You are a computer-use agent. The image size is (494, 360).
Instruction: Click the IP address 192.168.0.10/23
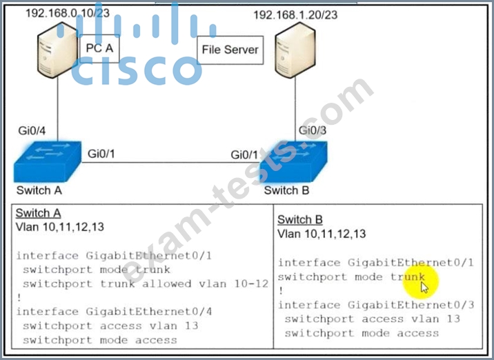tap(68, 13)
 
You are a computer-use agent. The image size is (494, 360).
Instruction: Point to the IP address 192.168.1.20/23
tap(295, 14)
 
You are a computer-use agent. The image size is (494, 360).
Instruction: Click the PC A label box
tap(99, 48)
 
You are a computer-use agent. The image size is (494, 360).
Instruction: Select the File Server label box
tap(230, 50)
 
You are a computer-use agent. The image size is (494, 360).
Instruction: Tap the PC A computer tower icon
tap(57, 50)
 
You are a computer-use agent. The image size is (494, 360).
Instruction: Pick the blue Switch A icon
tap(47, 161)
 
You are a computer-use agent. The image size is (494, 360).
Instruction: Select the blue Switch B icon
tap(294, 161)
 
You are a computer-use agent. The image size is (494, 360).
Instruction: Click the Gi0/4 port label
tap(32, 130)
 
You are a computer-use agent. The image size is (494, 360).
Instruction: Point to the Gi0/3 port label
tap(313, 130)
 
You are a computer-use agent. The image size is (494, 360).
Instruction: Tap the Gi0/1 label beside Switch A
tap(101, 154)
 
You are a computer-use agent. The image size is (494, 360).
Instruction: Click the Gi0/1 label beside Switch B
tap(244, 154)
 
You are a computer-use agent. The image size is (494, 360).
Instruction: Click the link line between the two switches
tap(170, 163)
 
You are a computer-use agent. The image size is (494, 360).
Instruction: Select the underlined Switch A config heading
tap(38, 213)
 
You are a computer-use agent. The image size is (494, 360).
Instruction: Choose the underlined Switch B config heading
tap(300, 219)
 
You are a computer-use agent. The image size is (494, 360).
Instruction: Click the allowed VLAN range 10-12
tap(251, 283)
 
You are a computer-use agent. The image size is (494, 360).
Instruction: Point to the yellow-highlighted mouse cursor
tap(424, 288)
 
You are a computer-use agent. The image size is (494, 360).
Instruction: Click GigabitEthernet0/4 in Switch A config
tap(149, 312)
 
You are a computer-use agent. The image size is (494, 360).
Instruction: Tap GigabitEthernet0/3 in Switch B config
tap(411, 305)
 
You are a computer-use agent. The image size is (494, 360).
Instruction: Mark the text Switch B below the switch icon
tap(286, 190)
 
